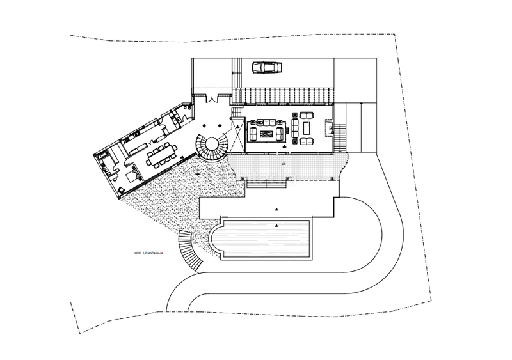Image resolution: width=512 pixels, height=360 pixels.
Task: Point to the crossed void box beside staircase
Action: (237, 137)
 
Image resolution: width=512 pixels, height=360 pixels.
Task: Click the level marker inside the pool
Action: (275, 224)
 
